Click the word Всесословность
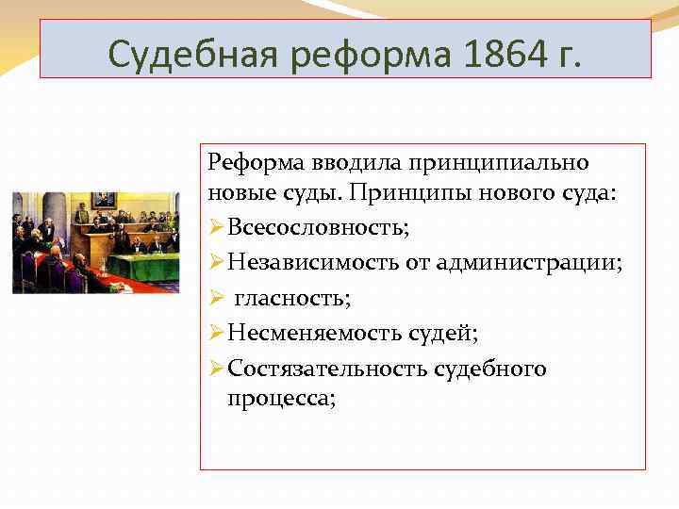[319, 228]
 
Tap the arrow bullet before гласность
[216, 299]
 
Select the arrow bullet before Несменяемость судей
[216, 334]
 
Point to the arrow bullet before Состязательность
[216, 369]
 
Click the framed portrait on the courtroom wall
[104, 201]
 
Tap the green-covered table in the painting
[141, 266]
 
